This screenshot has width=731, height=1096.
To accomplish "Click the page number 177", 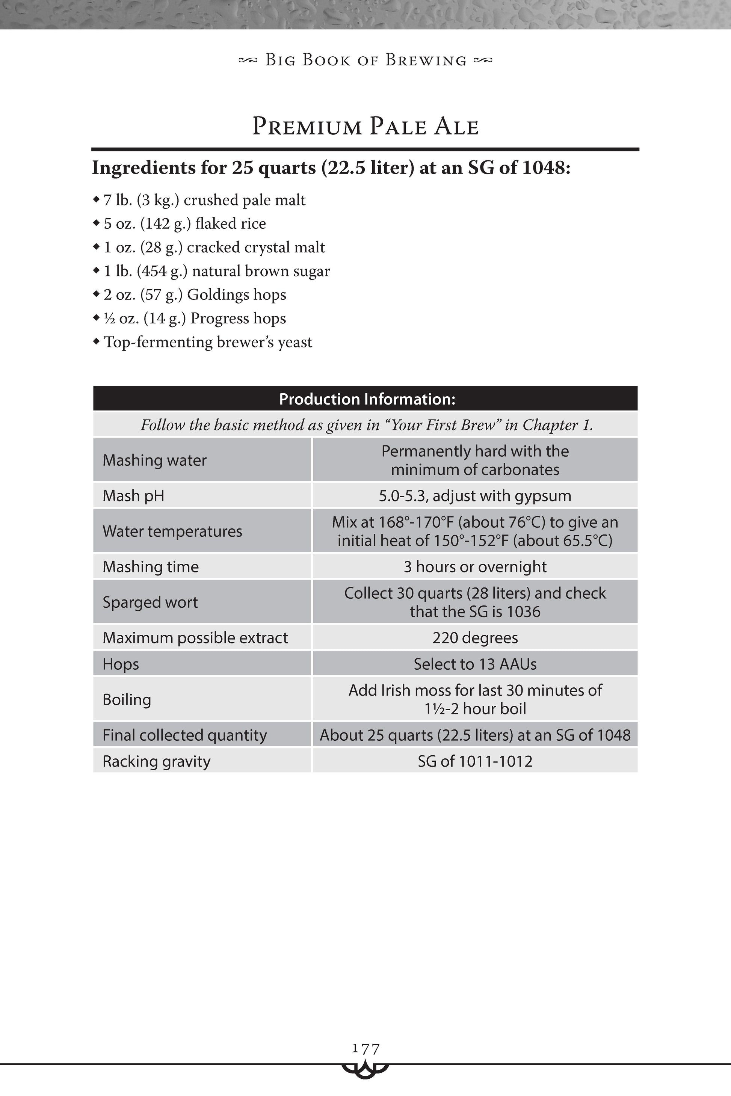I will coord(366,1049).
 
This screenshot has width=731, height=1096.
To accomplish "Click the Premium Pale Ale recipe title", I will coord(365,126).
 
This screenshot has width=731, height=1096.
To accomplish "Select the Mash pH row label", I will coord(133,495).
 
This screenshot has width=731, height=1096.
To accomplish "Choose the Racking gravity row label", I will coord(156,761).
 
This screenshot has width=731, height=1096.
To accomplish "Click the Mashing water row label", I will coord(154,460).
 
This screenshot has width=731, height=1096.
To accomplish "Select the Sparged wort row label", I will coord(150,602).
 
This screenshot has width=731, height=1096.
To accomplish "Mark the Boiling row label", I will coord(127,700).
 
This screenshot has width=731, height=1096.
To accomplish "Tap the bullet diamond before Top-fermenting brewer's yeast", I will coord(96,342).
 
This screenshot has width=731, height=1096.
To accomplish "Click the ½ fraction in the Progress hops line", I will coord(109,319).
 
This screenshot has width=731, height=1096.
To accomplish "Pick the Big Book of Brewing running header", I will coord(365,60).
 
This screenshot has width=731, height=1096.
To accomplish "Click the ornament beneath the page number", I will coord(365,1069).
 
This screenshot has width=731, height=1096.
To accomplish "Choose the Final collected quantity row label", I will coord(184,735).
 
